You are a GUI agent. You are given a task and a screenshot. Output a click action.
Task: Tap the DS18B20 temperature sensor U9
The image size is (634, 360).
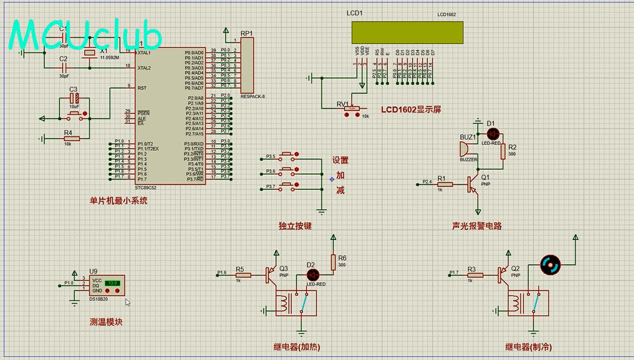(107, 285)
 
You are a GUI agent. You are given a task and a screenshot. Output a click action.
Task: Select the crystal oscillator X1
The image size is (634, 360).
(90, 52)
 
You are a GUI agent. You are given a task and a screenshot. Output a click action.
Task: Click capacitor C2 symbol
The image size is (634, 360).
(63, 67)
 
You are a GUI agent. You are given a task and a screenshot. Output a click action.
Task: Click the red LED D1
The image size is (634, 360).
(492, 133)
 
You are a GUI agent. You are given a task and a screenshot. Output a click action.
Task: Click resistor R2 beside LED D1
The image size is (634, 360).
(503, 151)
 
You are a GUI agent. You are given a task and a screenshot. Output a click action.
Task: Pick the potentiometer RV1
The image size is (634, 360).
(351, 109)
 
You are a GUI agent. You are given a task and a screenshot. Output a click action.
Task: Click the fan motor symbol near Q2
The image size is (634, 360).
(549, 264)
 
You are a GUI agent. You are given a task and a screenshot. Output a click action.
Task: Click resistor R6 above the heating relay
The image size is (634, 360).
(332, 262)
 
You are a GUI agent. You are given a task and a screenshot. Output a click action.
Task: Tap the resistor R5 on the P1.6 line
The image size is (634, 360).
(243, 275)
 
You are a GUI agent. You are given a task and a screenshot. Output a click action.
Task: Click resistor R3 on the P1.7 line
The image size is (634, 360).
(475, 275)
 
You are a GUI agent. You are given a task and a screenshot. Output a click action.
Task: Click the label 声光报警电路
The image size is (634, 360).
(476, 226)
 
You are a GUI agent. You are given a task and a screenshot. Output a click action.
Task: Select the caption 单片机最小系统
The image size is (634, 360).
(119, 200)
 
